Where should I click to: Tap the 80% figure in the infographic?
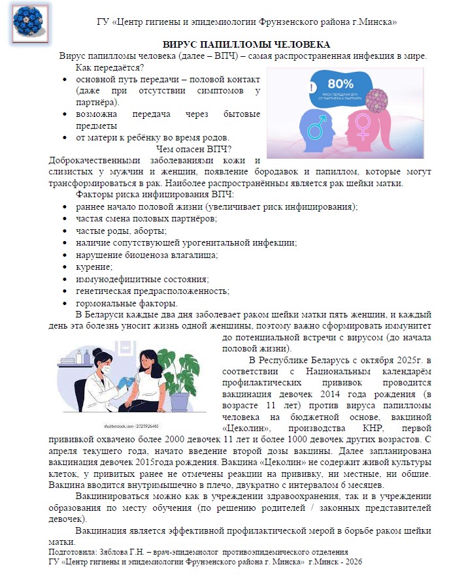(x=340, y=84)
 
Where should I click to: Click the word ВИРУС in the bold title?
(x=180, y=44)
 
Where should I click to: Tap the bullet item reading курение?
(x=94, y=267)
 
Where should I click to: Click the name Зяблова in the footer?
(x=113, y=553)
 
